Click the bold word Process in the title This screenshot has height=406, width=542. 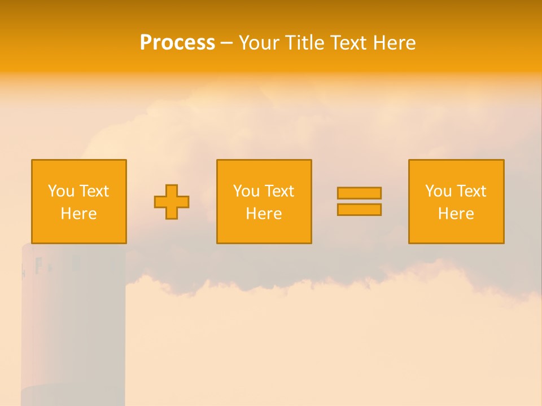point(177,43)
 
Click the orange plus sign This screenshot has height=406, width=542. point(172,202)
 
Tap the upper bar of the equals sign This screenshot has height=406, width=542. point(359,193)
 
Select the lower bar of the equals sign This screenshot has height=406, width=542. point(359,210)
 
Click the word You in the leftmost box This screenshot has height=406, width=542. point(61,191)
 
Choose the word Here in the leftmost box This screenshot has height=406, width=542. point(78,214)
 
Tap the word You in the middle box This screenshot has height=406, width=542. point(246,191)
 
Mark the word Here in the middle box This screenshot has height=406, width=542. point(264,214)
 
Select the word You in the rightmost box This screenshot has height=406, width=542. point(438,191)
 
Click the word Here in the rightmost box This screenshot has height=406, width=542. point(456,214)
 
